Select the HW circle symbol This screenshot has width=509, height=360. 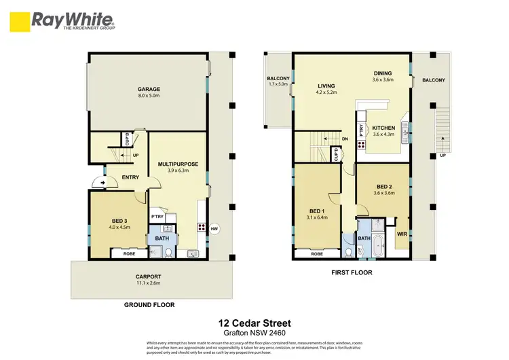point(214,228)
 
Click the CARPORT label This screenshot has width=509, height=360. point(148,276)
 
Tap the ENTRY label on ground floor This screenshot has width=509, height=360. point(130,177)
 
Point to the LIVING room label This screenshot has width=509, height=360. point(327,86)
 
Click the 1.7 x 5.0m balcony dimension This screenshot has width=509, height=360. point(278,86)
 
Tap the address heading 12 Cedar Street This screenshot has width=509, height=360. point(254,325)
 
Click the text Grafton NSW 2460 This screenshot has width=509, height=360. point(254,334)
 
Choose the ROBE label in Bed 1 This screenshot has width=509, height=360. point(316,253)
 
